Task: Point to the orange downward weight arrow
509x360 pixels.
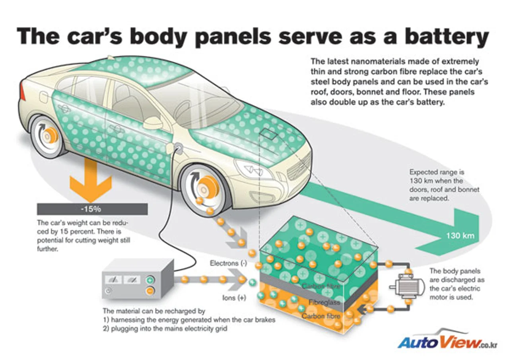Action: point(91,181)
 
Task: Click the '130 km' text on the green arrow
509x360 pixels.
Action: point(460,235)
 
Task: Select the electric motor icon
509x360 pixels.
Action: point(407,287)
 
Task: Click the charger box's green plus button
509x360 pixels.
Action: point(150,280)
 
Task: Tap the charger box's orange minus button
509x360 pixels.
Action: point(150,291)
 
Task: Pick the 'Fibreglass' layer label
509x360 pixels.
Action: point(324,302)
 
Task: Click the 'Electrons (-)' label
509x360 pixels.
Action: point(228,263)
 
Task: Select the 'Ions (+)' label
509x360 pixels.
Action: point(234,298)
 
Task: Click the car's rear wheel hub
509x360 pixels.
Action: point(48,136)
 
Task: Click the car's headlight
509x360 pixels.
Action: point(253,168)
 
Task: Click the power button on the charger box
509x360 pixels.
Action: point(109,291)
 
